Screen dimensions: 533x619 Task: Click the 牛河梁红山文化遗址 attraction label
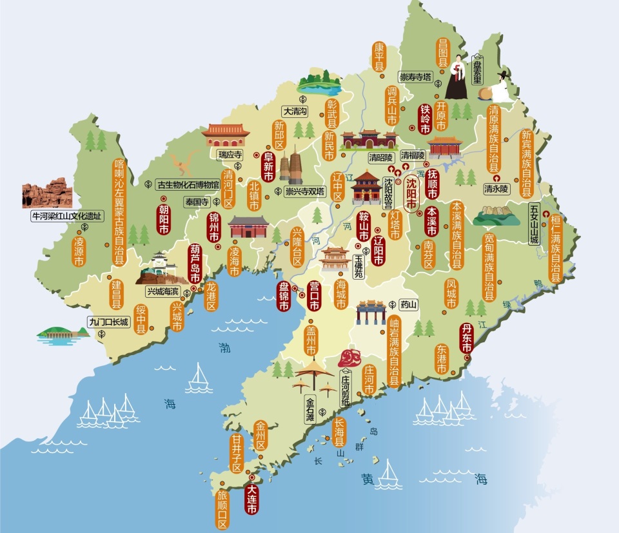click(67, 217)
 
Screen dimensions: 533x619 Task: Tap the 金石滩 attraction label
click(310, 408)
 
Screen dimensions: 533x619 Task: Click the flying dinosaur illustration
click(184, 162)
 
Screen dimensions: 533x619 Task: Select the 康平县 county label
click(379, 57)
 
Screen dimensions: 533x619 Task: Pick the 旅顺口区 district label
click(222, 509)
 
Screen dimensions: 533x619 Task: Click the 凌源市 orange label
click(79, 251)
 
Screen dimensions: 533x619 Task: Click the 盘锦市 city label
click(283, 297)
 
